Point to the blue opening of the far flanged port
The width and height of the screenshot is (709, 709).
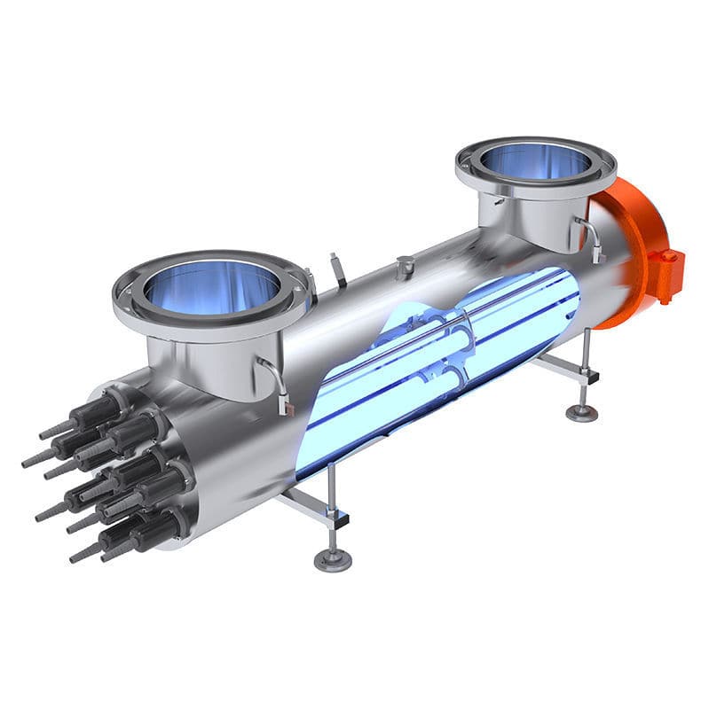click(536, 160)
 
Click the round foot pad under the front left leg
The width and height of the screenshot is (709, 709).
click(333, 560)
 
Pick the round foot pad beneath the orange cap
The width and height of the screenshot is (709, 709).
click(582, 412)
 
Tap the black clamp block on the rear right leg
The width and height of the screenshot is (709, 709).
click(587, 377)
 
